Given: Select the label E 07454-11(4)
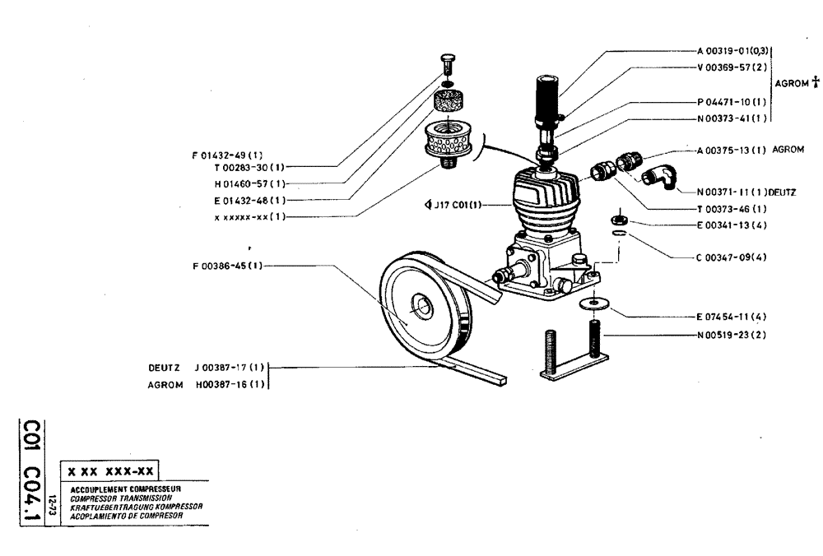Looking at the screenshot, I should (731, 316).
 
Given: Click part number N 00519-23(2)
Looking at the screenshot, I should (731, 335).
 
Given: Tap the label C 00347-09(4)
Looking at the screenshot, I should (731, 257).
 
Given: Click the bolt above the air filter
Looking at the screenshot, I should (447, 63).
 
